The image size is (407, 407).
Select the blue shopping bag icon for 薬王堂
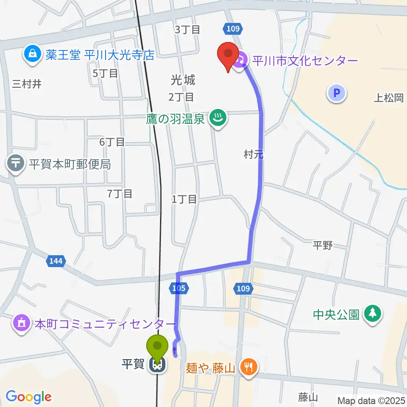click(33, 54)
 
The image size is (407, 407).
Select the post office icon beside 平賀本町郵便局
click(16, 163)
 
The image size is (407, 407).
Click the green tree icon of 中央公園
click(373, 314)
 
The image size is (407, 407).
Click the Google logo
click(28, 397)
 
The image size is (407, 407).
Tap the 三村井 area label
click(27, 84)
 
